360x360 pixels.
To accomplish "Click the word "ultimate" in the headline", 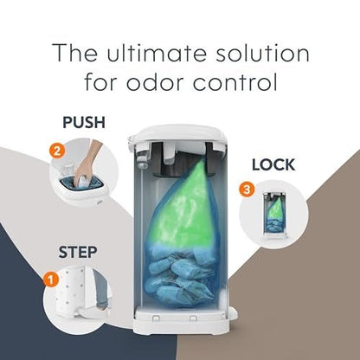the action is pyautogui.click(x=157, y=53).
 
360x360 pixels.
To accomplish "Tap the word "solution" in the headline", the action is pyautogui.click(x=262, y=53).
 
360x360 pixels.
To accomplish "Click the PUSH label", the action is pyautogui.click(x=84, y=122).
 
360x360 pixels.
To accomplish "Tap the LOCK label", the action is pyautogui.click(x=273, y=164).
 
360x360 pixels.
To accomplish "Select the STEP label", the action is pyautogui.click(x=78, y=252).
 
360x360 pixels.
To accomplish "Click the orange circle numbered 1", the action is pyautogui.click(x=51, y=280).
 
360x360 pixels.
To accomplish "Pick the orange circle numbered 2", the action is pyautogui.click(x=57, y=151).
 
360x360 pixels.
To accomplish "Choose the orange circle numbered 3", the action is pyautogui.click(x=247, y=190).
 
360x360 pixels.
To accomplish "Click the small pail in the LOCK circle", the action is pyautogui.click(x=273, y=215).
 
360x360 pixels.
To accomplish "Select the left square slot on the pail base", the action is pyautogui.click(x=156, y=318).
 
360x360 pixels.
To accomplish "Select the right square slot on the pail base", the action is pyautogui.click(x=193, y=318).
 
